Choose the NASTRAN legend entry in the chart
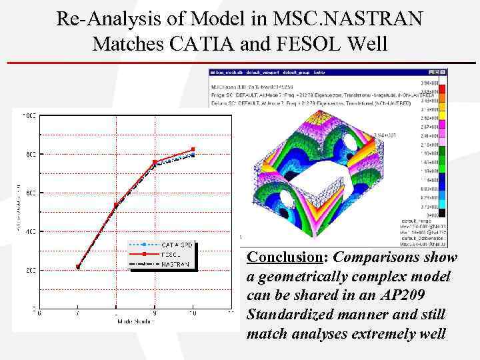click(176, 264)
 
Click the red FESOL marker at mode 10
click(193, 149)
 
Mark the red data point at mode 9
click(155, 162)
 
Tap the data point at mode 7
click(78, 267)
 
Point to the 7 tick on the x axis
click(78, 313)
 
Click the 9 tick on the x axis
click(155, 313)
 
